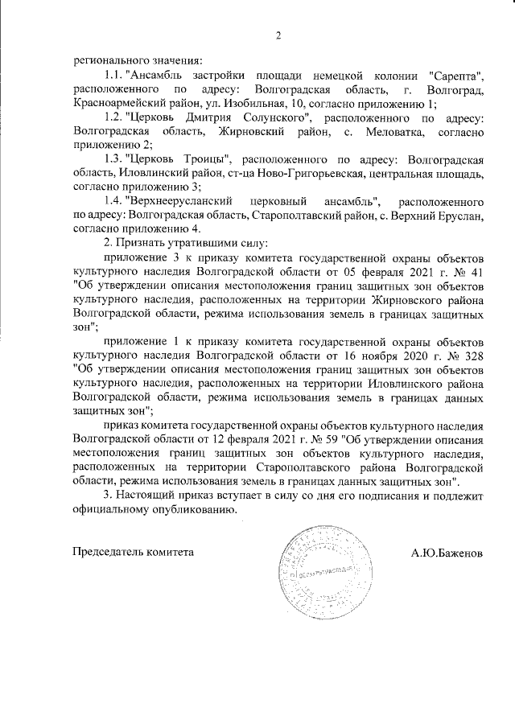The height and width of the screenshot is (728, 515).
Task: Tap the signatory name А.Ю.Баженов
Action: pos(447,553)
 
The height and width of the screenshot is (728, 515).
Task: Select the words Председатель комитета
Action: pos(133,553)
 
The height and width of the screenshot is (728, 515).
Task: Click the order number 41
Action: pos(474,271)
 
